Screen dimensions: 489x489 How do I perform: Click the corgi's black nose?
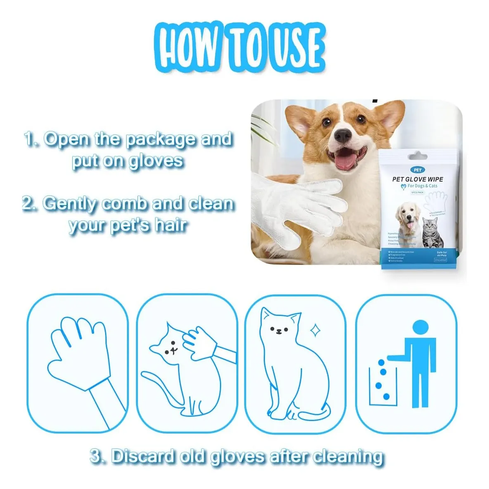342,136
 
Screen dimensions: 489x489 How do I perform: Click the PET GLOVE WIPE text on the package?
417,179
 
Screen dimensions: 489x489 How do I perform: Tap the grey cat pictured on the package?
431,233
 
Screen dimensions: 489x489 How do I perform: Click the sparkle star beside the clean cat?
315,329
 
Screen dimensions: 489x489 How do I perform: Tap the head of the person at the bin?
421,328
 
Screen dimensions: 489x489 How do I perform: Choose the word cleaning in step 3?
347,456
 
